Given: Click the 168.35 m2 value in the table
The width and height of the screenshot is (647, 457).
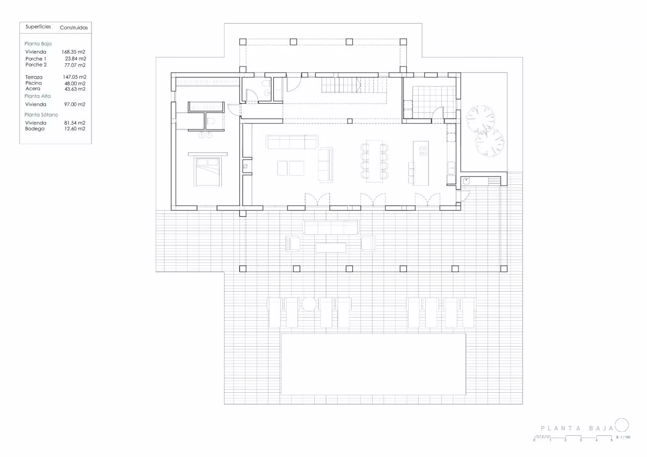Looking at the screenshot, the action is tap(73, 52).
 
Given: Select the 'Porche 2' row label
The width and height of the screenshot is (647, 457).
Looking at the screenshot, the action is tap(36, 65).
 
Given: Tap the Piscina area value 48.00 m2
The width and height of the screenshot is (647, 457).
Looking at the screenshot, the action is tap(75, 84).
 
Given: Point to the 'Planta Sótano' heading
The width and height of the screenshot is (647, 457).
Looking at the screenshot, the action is tap(41, 115).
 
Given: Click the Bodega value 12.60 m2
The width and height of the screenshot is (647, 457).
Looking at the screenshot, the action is tap(75, 129).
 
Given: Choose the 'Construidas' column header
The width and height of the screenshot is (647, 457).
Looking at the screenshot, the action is tap(73, 28).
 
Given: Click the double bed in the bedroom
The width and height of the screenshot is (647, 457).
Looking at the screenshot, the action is tap(208, 171).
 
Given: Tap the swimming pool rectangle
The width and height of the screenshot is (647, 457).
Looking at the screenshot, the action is tap(373, 364).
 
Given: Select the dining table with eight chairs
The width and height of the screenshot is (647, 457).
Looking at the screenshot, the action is tap(374, 161).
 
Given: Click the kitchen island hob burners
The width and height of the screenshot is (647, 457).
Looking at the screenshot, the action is tap(423, 151).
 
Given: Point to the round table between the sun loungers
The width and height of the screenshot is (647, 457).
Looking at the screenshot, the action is tap(309, 305).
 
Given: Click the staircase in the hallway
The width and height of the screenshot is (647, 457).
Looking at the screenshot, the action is tap(354, 85).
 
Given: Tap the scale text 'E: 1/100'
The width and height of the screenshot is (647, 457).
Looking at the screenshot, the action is tap(623, 437).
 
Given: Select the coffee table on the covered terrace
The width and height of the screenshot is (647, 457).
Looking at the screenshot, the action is tap(331, 248).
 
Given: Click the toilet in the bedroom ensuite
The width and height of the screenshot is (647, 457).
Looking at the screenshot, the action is tap(211, 122).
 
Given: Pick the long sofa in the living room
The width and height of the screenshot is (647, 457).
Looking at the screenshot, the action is tap(292, 142).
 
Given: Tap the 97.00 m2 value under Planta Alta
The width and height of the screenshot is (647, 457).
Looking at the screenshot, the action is tap(75, 104).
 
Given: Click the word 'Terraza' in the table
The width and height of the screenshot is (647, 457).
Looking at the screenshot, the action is tap(34, 77).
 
